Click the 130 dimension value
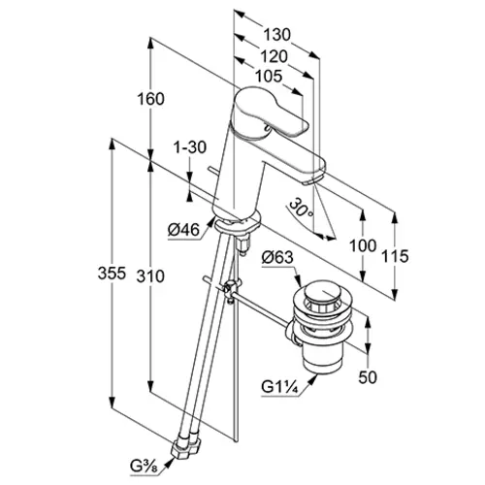click(277, 35)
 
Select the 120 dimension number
click(274, 56)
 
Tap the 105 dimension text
click(269, 77)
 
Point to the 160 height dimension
click(150, 99)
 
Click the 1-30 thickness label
click(190, 147)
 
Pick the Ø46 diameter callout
click(183, 230)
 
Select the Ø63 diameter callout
click(277, 258)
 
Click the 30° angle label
click(301, 209)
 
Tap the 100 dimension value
click(363, 245)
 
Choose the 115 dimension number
click(395, 256)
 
